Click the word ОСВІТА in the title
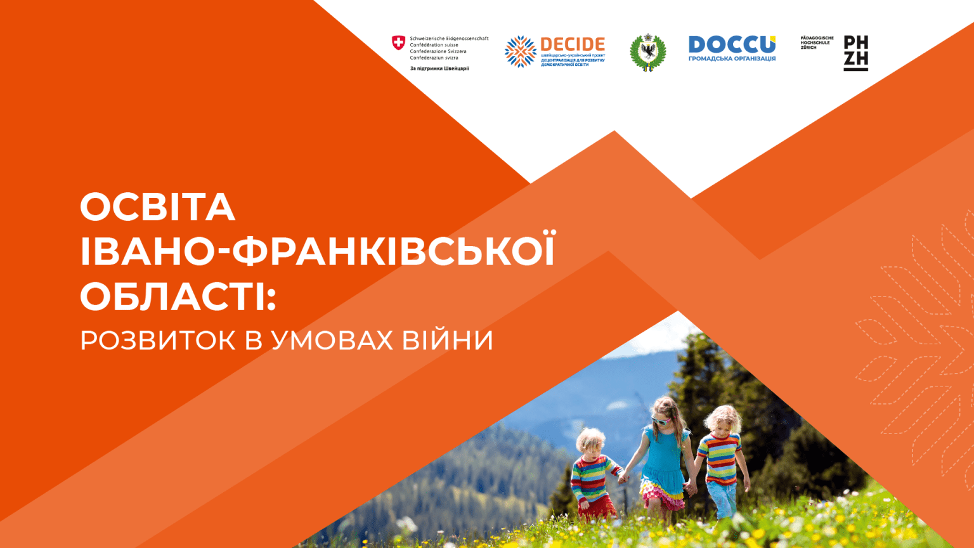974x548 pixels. pos(157,207)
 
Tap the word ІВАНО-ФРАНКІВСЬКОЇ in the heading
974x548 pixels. pos(317,251)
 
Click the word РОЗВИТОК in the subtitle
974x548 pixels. pos(158,341)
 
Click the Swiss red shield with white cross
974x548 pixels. pos(398,43)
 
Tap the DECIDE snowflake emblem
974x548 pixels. pos(520,51)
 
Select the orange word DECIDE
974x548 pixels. pos(573,44)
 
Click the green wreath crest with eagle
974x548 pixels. pos(647,52)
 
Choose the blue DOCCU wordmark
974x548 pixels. pos(732,44)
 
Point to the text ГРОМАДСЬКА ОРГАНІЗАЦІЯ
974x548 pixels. pos(732,59)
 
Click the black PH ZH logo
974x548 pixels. pos(855,52)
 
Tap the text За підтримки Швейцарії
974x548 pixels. pos(439,68)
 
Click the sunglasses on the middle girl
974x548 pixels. pos(661,420)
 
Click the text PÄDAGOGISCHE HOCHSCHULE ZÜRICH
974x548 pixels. pos(817,42)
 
